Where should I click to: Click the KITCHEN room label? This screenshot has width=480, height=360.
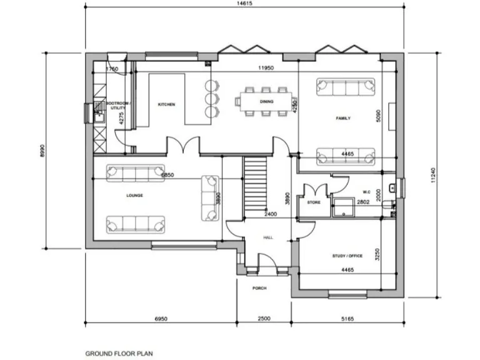click(x=166, y=104)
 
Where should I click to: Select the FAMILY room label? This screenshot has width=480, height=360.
click(x=343, y=117)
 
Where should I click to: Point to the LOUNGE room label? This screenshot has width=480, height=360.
click(x=134, y=195)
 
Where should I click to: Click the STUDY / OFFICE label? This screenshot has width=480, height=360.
click(x=347, y=256)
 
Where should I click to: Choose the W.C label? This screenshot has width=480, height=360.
click(x=367, y=192)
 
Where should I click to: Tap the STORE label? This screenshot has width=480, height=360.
click(x=312, y=202)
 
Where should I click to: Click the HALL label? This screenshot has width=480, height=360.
click(x=268, y=237)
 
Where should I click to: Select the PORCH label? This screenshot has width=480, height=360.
click(x=259, y=288)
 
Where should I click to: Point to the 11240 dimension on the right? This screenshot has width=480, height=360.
click(x=432, y=178)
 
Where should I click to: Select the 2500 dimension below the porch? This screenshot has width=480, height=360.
click(x=264, y=319)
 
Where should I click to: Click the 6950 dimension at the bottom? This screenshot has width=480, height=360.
click(x=161, y=319)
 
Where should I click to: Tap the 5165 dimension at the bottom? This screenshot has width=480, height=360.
click(x=347, y=319)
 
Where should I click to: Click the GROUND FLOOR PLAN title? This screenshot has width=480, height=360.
click(x=119, y=353)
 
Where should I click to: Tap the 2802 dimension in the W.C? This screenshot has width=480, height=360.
click(x=363, y=202)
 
